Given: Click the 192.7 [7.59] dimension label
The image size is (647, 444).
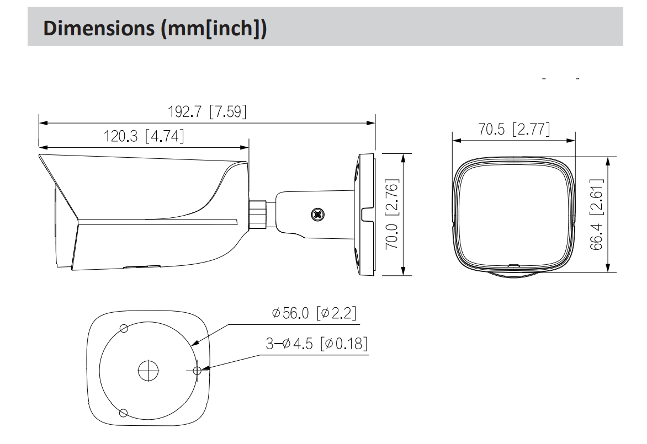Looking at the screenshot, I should tap(207, 111).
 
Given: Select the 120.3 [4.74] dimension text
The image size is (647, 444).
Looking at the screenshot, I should tap(144, 136).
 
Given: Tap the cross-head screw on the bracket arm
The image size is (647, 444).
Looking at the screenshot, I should tap(317, 213).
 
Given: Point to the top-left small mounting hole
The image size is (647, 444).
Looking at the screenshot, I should tap(124, 329).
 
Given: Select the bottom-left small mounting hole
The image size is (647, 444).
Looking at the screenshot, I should tap(124, 412).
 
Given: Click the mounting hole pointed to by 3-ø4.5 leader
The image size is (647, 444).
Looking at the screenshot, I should tap(196, 370).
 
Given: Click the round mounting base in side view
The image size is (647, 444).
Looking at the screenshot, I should tap(365, 214).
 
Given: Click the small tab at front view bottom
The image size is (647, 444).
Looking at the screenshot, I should tap(513, 266).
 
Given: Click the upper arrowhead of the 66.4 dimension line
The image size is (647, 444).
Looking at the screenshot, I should tap(608, 161).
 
